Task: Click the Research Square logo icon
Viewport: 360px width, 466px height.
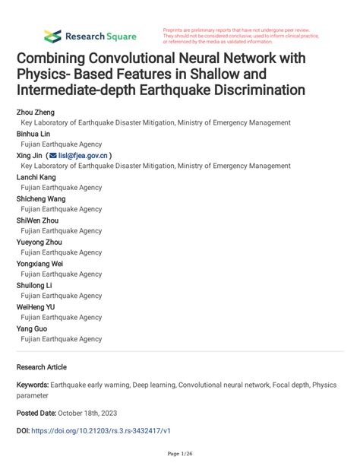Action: tap(52, 35)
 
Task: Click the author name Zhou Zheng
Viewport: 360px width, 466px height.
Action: tap(36, 112)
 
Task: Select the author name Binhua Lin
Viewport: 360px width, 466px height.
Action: tap(34, 133)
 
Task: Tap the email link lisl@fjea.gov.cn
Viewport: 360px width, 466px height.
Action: tap(83, 155)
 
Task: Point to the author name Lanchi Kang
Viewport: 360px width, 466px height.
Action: tap(36, 176)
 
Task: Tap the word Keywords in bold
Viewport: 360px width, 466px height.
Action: tap(35, 385)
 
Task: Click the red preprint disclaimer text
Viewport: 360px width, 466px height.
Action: tap(241, 35)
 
